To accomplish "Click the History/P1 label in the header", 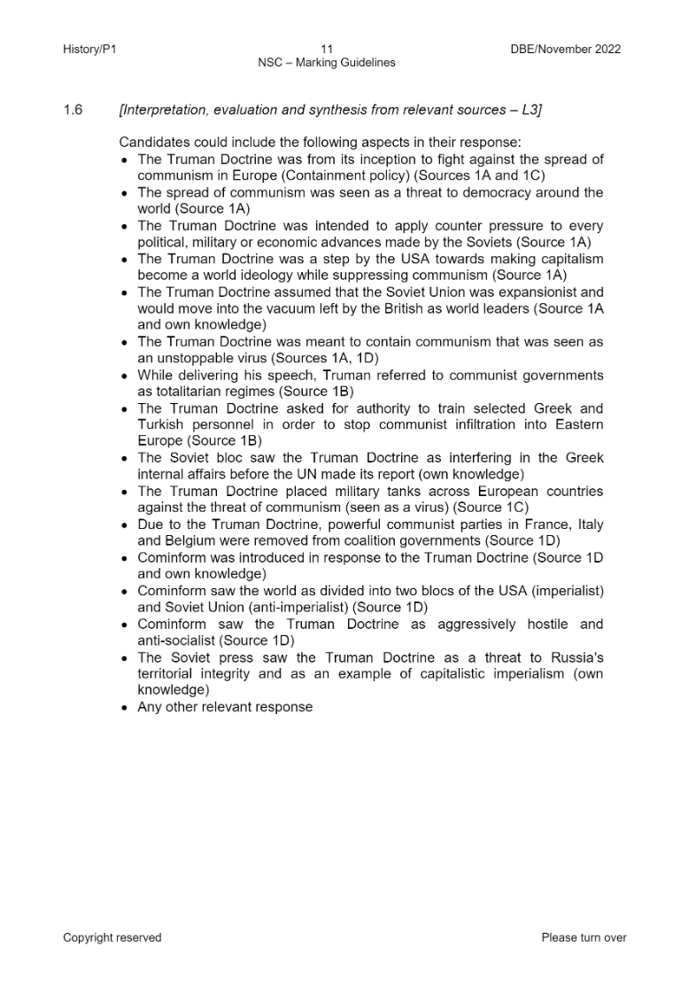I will click(x=89, y=49).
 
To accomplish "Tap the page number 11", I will click(x=327, y=49).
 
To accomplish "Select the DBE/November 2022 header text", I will click(x=560, y=49).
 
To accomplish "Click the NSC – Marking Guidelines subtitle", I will click(x=327, y=63).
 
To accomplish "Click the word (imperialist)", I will click(x=568, y=590).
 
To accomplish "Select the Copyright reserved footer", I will click(x=112, y=937).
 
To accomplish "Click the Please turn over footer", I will click(x=584, y=937).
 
